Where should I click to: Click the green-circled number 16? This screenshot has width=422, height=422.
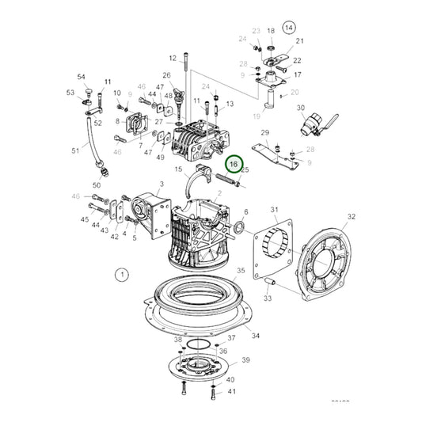coord(233,165)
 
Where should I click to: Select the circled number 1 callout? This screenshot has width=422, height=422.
coord(121,275)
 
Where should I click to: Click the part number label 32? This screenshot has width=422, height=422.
coord(352,216)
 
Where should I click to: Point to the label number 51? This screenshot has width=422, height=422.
coord(75,150)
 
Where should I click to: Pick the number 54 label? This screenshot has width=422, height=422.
coord(81,77)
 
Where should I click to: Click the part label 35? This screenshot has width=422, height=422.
coord(241,271)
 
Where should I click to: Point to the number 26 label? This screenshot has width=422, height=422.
coord(167,75)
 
